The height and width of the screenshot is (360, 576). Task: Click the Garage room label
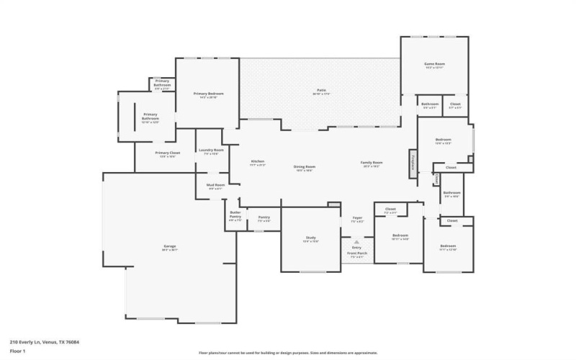click(x=169, y=246)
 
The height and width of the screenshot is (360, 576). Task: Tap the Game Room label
click(x=434, y=64)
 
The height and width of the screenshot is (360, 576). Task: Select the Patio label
click(x=320, y=91)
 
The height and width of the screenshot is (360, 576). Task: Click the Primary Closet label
click(x=166, y=153)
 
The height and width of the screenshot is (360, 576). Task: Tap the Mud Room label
click(x=215, y=185)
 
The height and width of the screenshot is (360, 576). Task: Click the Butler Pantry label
click(x=235, y=214)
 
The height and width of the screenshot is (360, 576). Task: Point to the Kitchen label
click(x=257, y=161)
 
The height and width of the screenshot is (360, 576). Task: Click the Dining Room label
click(x=304, y=166)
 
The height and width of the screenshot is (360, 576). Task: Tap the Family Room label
click(x=371, y=163)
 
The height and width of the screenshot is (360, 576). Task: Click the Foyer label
click(x=356, y=217)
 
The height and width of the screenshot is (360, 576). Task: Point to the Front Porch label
click(x=357, y=253)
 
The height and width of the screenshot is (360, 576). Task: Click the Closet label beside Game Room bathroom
click(x=455, y=104)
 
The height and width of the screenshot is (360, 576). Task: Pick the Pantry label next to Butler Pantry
click(x=264, y=217)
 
